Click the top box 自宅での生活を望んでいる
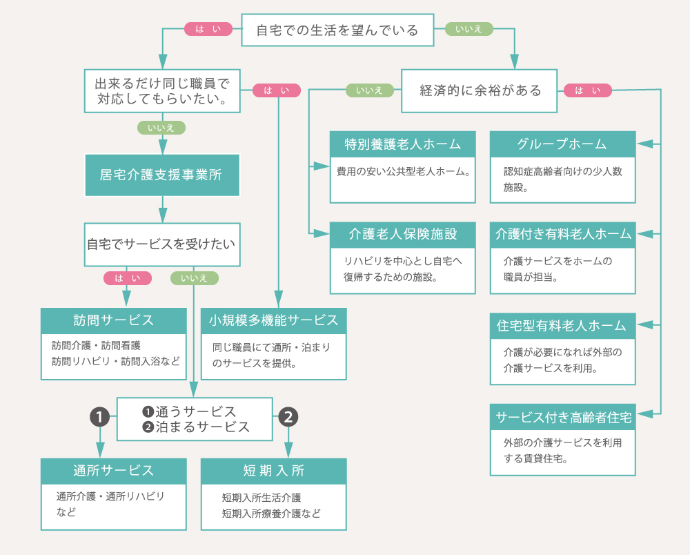pos(337,30)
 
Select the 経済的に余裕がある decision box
pos(480,90)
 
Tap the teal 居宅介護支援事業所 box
pos(161,175)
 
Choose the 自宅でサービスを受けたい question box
pos(161,244)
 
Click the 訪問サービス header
pos(114,320)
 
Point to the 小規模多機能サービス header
pos(273,320)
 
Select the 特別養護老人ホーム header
pos(403,144)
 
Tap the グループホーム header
pos(562,144)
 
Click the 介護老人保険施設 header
pos(403,234)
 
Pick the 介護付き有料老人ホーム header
pos(562,234)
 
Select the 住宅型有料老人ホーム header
pos(562,325)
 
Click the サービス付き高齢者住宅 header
pos(562,416)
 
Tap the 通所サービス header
pos(114,471)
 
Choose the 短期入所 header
pos(273,471)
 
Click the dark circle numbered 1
pos(100,416)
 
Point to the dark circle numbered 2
pos(289,416)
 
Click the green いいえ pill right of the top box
pos(469,29)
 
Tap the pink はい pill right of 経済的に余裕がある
pos(587,90)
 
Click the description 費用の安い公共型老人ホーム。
pos(403,171)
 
